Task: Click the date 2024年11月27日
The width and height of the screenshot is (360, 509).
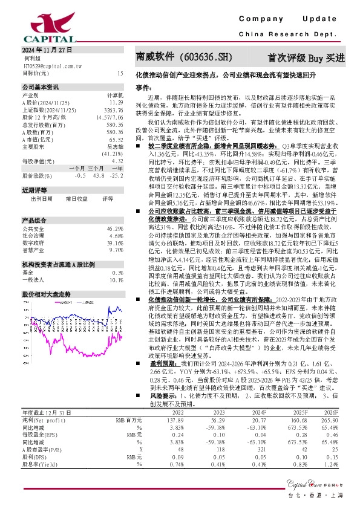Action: pos(47,49)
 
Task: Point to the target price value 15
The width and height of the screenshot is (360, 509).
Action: pos(120,73)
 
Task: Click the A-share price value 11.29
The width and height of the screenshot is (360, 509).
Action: pos(117,103)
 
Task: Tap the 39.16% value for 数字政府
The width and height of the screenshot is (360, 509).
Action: pos(115,225)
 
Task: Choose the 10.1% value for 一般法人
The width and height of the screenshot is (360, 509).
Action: pos(116,263)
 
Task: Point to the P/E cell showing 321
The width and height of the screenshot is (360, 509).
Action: pos(261,449)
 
